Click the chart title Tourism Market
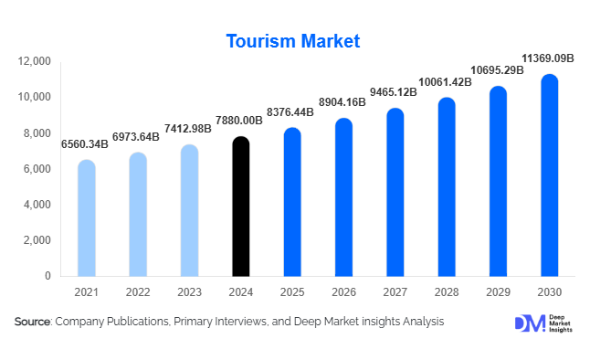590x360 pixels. coord(294,41)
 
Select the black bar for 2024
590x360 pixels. coord(240,206)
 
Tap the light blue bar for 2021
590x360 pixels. coord(86,218)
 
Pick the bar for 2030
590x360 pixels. coord(549,175)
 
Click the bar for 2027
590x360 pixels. coord(395,193)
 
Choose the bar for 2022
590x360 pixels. coord(137,215)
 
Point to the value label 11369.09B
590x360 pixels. coord(547,58)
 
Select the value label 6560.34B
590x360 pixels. coord(86,144)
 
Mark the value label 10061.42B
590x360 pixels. coord(445,82)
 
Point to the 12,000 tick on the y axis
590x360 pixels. coord(34,61)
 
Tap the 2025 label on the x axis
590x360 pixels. coord(291,291)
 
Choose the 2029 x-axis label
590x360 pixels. coord(497,291)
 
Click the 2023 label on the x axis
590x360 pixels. coord(189,291)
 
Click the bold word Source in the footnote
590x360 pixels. coord(32,322)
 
